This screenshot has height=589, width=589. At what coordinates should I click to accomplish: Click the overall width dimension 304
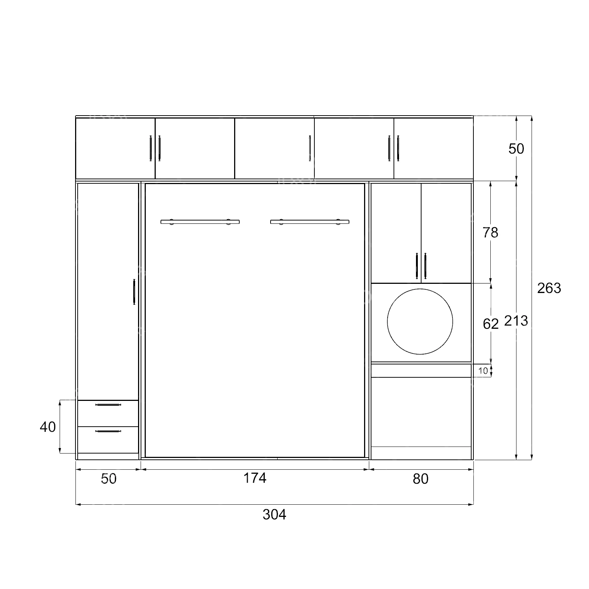coord(274,514)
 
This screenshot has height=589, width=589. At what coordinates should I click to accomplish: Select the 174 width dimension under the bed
coord(255,478)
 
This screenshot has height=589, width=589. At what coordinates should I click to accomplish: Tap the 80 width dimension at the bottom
coord(420,479)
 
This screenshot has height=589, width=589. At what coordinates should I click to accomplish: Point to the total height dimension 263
coord(549,288)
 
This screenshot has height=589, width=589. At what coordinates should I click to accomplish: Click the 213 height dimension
coord(516,321)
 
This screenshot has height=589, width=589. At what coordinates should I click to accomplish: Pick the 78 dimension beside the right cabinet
coord(490,232)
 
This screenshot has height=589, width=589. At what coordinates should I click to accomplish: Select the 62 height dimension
coord(490,324)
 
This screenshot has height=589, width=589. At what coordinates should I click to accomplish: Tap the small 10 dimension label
coord(483,370)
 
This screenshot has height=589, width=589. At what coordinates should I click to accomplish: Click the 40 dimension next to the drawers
coord(47,427)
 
